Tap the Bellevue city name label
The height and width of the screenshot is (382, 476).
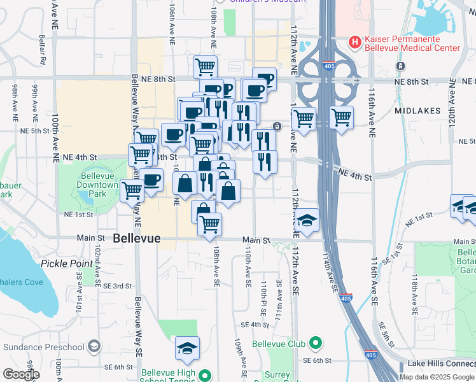(136, 239)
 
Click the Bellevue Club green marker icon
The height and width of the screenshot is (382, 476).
(314, 344)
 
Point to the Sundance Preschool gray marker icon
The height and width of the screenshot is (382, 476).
(94, 346)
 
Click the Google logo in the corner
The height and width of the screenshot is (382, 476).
(21, 374)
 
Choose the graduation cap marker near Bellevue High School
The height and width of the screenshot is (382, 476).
(187, 348)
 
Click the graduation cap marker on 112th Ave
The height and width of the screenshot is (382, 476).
(307, 220)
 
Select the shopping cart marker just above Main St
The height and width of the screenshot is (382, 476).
(209, 223)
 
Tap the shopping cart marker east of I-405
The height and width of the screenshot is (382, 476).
(342, 117)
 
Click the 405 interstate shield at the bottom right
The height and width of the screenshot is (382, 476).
(370, 355)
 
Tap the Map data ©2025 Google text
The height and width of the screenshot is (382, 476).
(437, 376)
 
